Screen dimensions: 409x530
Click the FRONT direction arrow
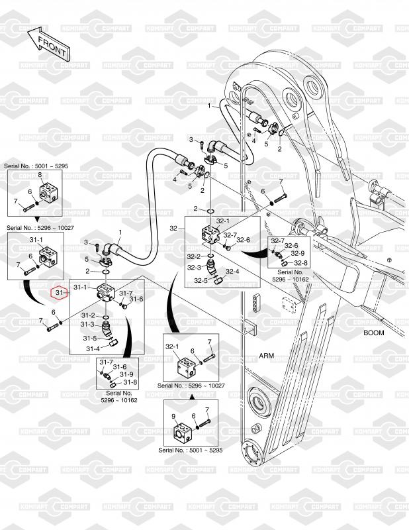point(48,42)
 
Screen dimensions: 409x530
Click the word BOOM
point(373,333)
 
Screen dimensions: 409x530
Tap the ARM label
point(267,356)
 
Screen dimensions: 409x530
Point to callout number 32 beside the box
point(173,229)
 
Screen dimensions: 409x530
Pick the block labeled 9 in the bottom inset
point(183,431)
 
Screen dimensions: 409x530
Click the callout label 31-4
point(93,349)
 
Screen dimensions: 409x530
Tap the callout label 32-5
point(201,280)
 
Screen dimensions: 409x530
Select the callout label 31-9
point(126,374)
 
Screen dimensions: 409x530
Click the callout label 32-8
point(301,263)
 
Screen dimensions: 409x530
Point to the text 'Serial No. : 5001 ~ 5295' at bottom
point(191,450)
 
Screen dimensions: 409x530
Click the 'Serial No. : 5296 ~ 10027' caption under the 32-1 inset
point(191,386)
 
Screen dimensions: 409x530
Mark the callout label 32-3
point(194,268)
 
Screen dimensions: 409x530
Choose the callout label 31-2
point(88,315)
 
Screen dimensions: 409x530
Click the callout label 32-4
point(232,272)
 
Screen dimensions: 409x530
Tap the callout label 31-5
point(90,339)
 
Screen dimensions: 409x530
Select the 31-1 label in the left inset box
point(36,240)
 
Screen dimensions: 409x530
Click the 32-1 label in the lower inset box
point(172,346)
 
